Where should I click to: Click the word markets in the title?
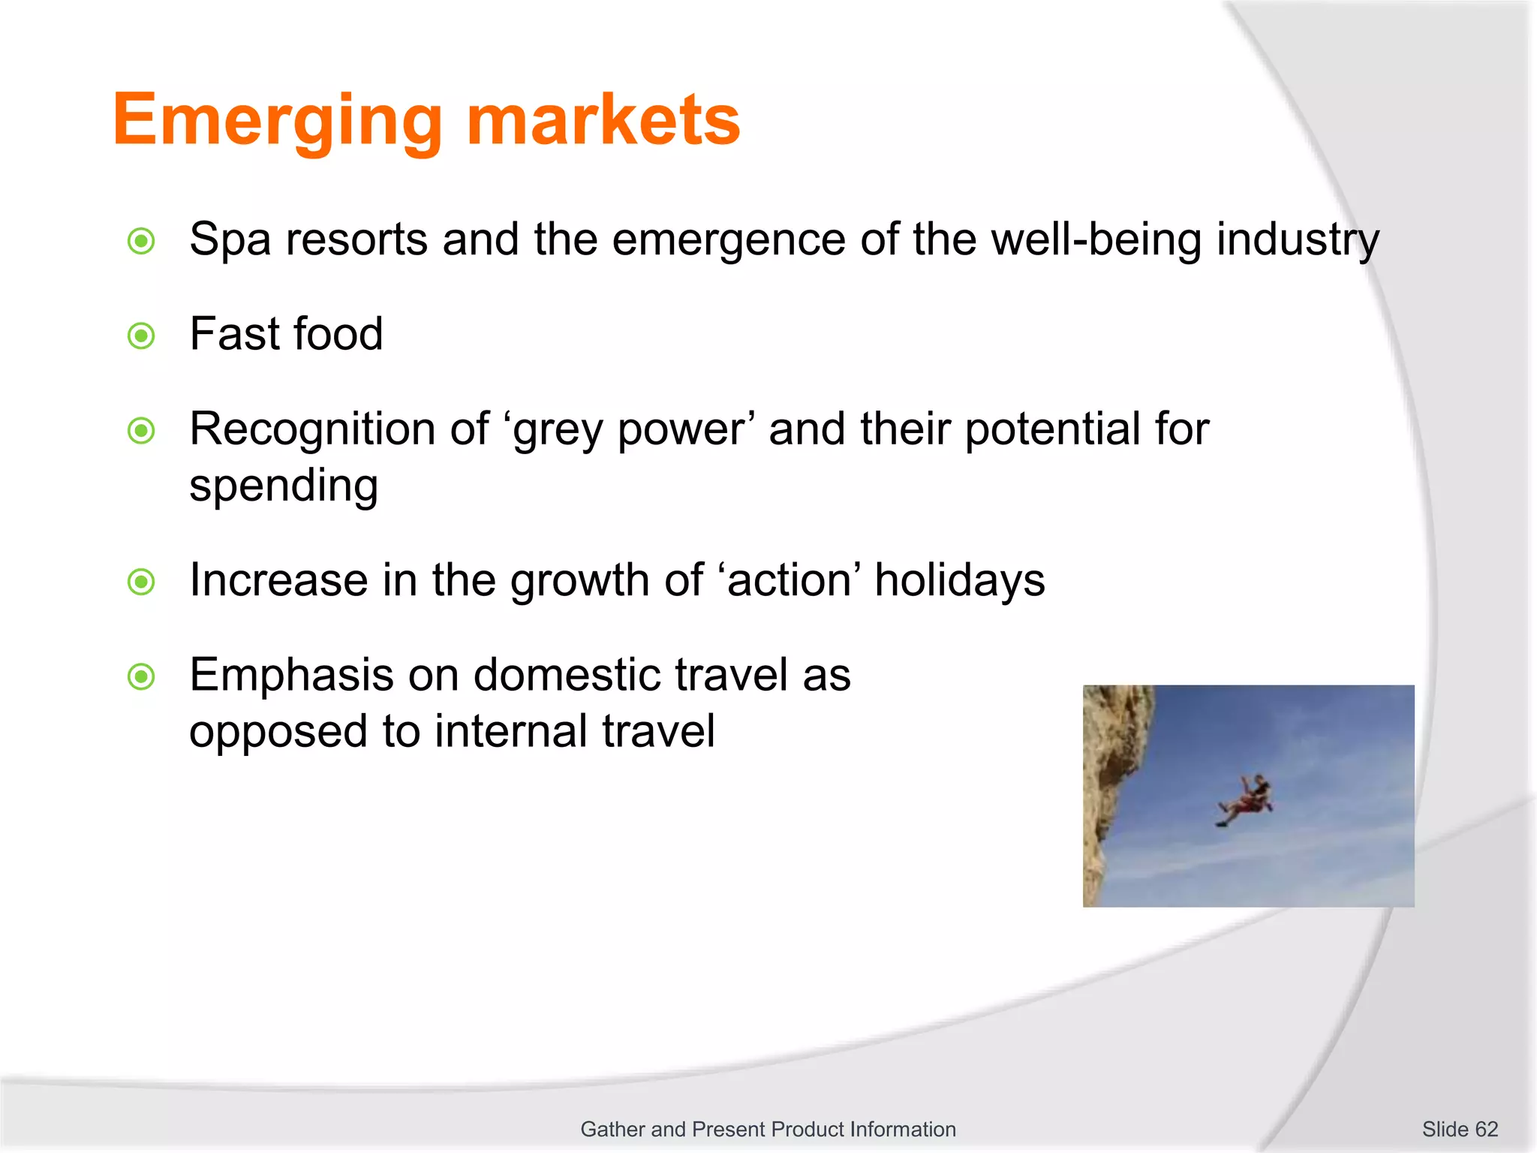click(603, 120)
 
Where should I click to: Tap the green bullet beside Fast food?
click(141, 336)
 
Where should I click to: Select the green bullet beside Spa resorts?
click(141, 241)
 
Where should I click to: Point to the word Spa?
click(230, 241)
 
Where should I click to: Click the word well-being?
click(1096, 240)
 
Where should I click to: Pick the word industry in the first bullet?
click(1298, 241)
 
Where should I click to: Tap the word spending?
click(284, 486)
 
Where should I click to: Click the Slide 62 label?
click(1459, 1129)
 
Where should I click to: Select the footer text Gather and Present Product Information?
click(768, 1129)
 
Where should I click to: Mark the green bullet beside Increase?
click(141, 582)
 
